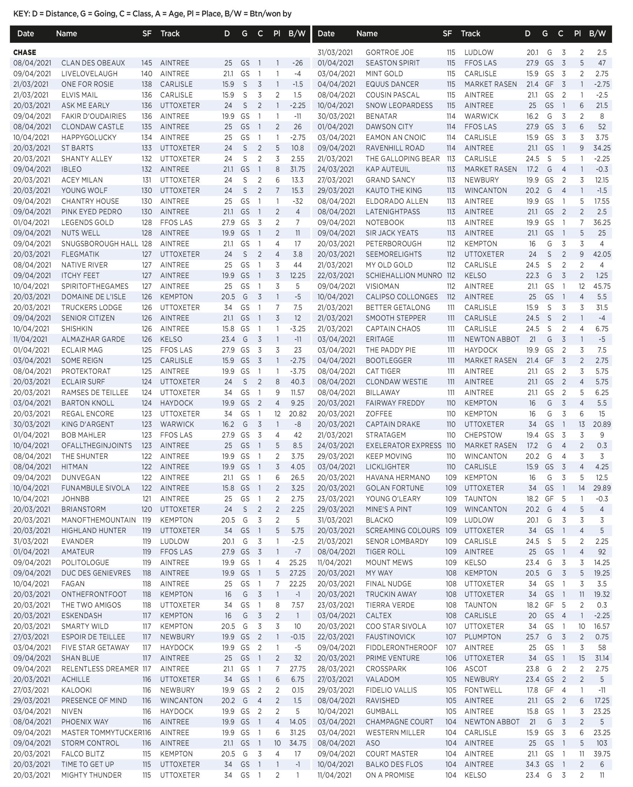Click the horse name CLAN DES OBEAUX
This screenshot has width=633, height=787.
coord(93,63)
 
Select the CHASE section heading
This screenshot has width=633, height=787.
coord(25,53)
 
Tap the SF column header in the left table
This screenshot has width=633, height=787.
coord(147,34)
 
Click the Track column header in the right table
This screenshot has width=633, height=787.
coord(471,34)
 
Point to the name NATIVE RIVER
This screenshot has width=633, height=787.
coord(84,265)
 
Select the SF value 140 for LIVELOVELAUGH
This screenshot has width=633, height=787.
coord(147,74)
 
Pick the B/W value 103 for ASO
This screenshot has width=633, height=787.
coord(602,743)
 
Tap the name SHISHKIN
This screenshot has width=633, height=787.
coord(77,329)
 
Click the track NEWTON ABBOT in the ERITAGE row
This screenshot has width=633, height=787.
coord(492,339)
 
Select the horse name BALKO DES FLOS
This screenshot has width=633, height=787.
coord(394,764)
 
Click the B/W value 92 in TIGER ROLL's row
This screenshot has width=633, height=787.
coord(602,552)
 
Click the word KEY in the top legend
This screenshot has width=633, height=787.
coord(21,14)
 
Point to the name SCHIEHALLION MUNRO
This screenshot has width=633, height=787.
coord(404,275)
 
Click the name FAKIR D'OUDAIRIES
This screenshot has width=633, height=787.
coord(94,117)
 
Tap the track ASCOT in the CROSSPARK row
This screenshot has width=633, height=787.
coord(476,669)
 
